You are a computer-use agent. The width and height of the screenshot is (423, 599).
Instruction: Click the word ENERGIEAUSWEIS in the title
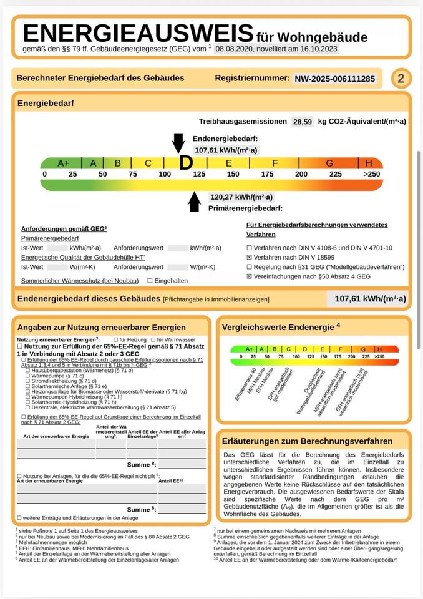coord(138,32)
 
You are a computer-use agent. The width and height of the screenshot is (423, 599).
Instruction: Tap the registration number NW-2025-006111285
coord(334,79)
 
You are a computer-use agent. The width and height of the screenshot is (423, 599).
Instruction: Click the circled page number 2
coord(401,79)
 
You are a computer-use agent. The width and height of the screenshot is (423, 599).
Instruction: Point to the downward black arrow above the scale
coord(178,142)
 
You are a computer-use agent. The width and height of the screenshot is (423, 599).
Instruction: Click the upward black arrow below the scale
coord(195,202)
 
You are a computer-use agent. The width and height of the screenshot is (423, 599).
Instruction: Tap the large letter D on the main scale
coord(185,163)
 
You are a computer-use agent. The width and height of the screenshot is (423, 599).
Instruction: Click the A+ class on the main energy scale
coord(64,163)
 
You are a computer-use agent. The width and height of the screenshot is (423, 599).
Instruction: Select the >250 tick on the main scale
coord(372,174)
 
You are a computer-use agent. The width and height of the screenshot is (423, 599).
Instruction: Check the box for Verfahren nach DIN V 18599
coord(250,257)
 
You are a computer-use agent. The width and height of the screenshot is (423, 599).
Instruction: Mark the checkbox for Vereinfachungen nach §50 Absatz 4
coord(250,276)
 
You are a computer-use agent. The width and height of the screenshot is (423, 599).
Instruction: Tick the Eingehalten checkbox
coord(150,281)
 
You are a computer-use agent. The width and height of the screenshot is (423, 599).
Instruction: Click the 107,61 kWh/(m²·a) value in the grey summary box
coord(369,299)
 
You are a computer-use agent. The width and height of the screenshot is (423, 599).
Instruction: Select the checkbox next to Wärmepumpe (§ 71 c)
coord(27,376)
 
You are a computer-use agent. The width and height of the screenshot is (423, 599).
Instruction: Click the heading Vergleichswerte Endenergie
coord(281,326)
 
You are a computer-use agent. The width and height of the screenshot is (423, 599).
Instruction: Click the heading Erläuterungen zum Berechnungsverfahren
coord(308,441)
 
